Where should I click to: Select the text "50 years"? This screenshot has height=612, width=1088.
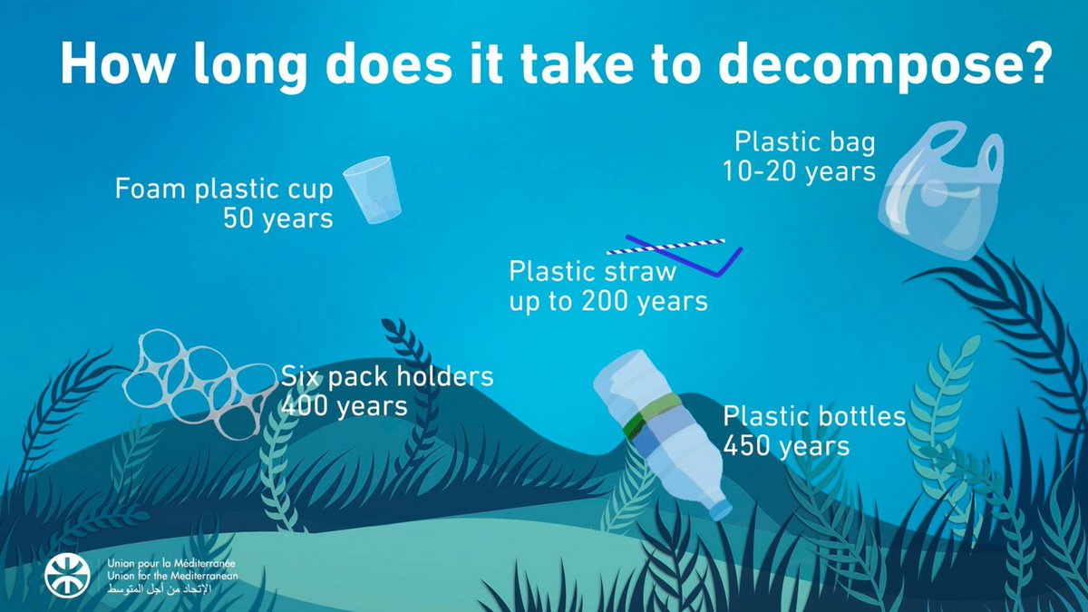tap(278, 219)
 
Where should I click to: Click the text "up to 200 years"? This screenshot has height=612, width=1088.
tap(607, 301)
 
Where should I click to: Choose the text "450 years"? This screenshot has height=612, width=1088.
tap(786, 446)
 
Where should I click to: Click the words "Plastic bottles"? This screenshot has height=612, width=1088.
tap(814, 416)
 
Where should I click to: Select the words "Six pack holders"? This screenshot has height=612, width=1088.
tap(387, 375)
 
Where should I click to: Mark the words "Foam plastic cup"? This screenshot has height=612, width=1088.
tap(224, 189)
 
